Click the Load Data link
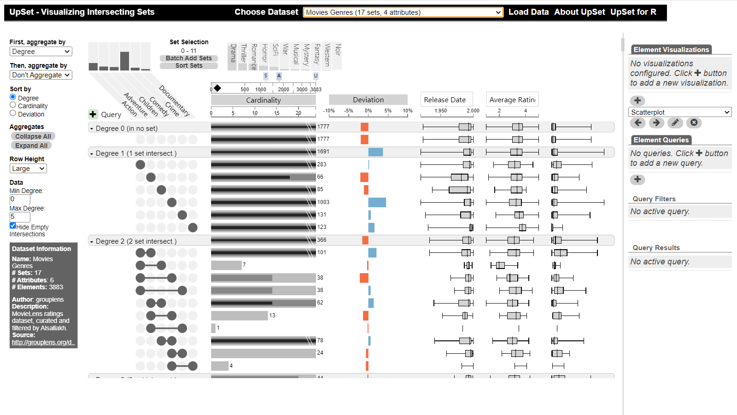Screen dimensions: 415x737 [x=528, y=12]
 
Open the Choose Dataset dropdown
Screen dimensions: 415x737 [x=403, y=12]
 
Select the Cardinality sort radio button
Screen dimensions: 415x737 [x=13, y=105]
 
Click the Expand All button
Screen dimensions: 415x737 [x=31, y=146]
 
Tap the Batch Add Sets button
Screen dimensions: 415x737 [x=189, y=58]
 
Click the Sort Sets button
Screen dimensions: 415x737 [x=189, y=65]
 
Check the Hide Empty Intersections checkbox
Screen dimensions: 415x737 [x=13, y=226]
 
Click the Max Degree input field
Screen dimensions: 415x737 [x=20, y=216]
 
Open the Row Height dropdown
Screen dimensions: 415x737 [x=28, y=169]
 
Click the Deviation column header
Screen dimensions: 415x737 [x=368, y=100]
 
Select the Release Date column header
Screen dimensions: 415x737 [x=445, y=99]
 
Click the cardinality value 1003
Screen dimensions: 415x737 [x=323, y=202]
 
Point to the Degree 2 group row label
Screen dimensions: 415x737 [x=136, y=241]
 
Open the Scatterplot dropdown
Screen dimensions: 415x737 [x=680, y=112]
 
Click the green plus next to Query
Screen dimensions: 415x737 [x=93, y=114]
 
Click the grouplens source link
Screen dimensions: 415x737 [x=42, y=342]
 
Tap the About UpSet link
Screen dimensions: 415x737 [x=579, y=12]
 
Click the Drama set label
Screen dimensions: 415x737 [x=233, y=53]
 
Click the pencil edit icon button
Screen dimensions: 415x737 [x=675, y=123]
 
